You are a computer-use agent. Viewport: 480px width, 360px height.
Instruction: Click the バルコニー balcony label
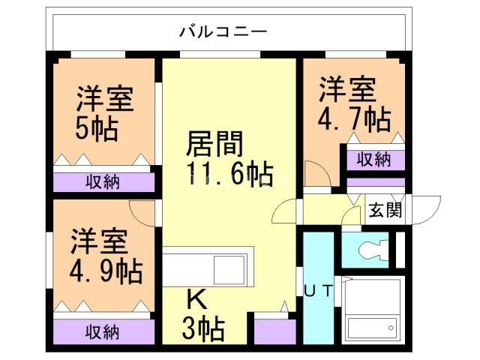[223, 31]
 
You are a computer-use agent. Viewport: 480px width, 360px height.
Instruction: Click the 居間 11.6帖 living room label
[225, 158]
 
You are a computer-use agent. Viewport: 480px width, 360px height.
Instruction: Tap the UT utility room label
[318, 290]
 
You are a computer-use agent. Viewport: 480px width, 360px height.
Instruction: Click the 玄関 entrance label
[385, 211]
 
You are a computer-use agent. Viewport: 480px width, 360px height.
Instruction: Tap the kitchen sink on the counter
[229, 268]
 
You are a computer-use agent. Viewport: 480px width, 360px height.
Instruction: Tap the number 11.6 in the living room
[217, 175]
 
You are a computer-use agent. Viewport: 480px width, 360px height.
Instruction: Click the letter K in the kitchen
[196, 300]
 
